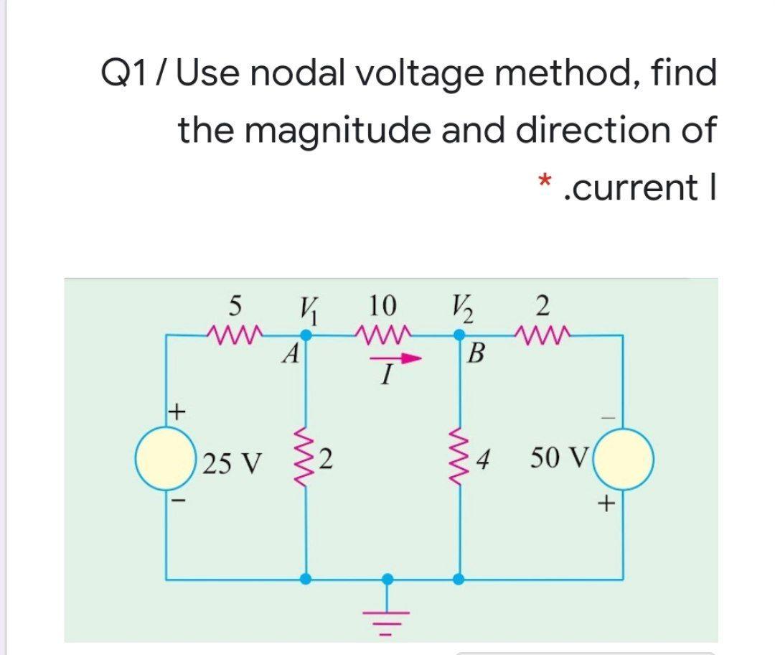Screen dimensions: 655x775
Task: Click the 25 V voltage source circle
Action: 168,457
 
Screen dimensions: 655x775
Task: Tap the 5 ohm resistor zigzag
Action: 235,333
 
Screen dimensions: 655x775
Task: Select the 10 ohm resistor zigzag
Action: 383,333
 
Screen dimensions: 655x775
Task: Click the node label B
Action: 474,354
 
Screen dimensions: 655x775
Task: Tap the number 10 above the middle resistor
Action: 383,306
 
